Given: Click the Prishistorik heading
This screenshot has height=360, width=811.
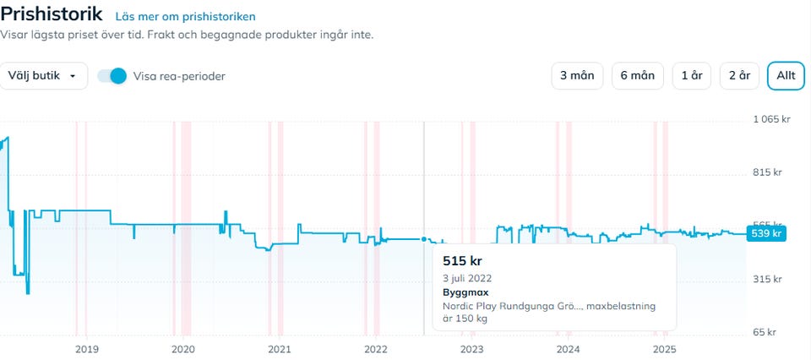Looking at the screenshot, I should [x=52, y=14].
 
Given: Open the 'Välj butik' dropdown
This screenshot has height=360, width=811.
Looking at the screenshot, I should [x=43, y=76].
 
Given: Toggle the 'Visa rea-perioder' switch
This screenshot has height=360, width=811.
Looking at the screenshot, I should [x=112, y=76].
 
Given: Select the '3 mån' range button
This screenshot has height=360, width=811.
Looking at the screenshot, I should [x=577, y=76].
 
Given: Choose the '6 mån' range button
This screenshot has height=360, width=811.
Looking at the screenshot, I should [x=637, y=76].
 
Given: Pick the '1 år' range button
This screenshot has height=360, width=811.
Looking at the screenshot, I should [x=692, y=76].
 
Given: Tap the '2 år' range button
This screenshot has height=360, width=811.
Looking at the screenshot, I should [x=739, y=76].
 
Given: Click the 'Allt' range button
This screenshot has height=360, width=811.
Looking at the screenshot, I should [x=786, y=76].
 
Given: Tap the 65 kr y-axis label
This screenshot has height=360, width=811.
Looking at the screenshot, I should [x=765, y=332].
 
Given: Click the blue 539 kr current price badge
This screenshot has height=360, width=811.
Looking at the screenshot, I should [x=767, y=233].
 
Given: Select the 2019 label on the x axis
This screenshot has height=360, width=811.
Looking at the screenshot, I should [x=87, y=349].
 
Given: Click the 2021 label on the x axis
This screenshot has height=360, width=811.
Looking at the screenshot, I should [x=280, y=349].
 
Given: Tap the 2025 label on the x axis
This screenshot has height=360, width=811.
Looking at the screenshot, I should [x=665, y=349].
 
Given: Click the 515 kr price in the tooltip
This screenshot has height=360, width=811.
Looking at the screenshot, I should [x=461, y=260].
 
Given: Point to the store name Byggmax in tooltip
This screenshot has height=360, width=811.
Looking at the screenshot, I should [x=465, y=292].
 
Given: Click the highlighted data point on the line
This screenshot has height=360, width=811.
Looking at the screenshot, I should [x=424, y=239].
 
